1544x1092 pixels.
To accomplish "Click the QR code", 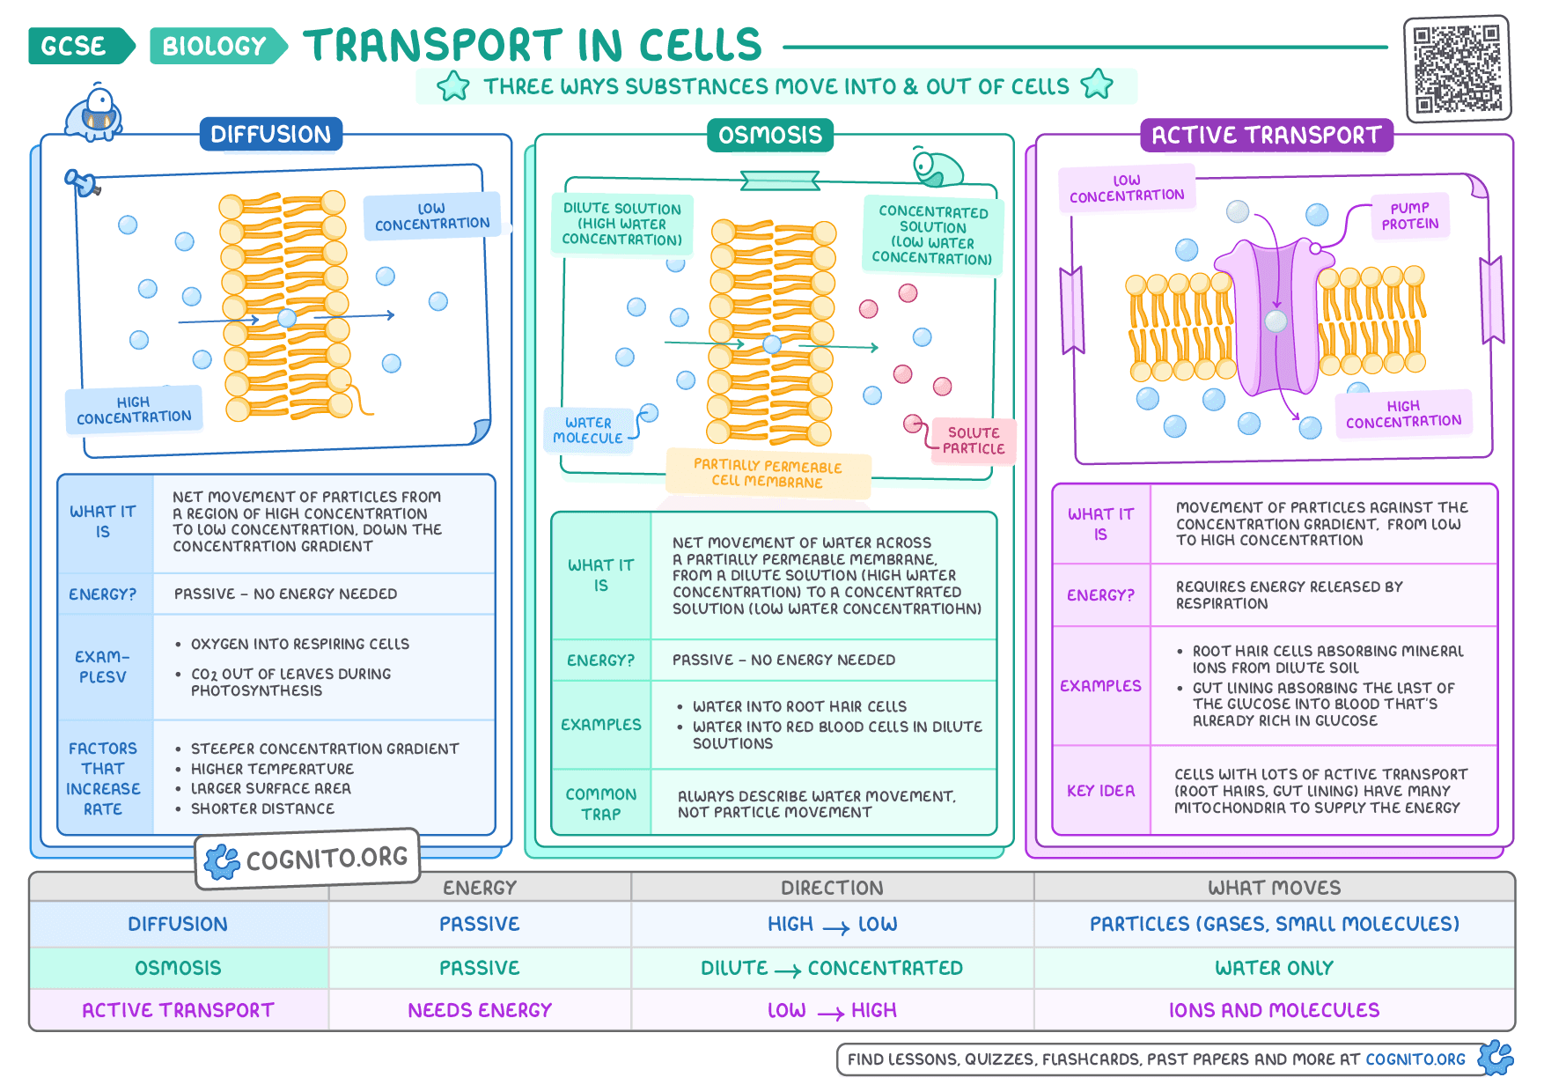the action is (1457, 69).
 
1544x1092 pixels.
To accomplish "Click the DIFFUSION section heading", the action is (271, 134).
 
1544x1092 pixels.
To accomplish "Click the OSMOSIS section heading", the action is (770, 135).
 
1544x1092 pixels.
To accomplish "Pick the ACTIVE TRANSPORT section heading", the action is (1267, 135).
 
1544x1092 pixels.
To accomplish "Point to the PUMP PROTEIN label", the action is (1410, 216).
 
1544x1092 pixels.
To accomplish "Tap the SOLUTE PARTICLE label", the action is (974, 440).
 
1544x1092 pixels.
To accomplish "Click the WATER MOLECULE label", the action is (588, 430).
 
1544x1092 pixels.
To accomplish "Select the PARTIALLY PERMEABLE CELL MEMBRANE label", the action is (768, 474).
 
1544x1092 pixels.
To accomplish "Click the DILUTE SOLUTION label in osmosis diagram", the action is (622, 224).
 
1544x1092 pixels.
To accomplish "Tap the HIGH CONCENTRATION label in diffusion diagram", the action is (134, 409).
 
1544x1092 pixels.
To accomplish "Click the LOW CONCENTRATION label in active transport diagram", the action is (1127, 188).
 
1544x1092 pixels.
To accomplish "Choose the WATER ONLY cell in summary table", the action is (1275, 968).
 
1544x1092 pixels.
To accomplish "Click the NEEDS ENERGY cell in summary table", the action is (480, 1010).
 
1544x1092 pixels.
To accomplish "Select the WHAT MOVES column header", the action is (1275, 888).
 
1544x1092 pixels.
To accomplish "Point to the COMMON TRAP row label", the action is (601, 804).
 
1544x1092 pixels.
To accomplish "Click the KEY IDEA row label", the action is (1101, 791).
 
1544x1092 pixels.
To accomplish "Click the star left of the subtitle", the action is (453, 85).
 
